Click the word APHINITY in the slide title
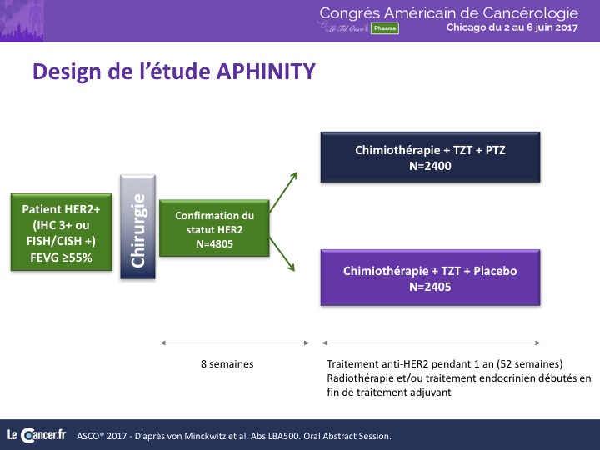pyautogui.click(x=266, y=71)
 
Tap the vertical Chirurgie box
pyautogui.click(x=137, y=227)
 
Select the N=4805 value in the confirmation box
pyautogui.click(x=214, y=243)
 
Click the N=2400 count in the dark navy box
pyautogui.click(x=430, y=166)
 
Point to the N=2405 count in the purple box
pyautogui.click(x=430, y=287)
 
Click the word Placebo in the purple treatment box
pyautogui.click(x=495, y=271)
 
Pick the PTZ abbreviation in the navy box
pyautogui.click(x=495, y=150)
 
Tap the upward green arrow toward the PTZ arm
pyautogui.click(x=283, y=192)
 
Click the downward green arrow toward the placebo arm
pyautogui.click(x=282, y=254)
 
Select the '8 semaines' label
pyautogui.click(x=227, y=363)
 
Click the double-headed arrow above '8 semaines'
pyautogui.click(x=234, y=342)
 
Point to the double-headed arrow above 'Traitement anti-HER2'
pyautogui.click(x=431, y=342)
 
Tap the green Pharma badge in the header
pyautogui.click(x=384, y=28)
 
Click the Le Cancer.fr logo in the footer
pyautogui.click(x=37, y=435)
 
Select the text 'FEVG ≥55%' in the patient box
pyautogui.click(x=61, y=257)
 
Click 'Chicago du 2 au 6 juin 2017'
pyautogui.click(x=512, y=27)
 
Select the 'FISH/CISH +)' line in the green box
pyautogui.click(x=61, y=241)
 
